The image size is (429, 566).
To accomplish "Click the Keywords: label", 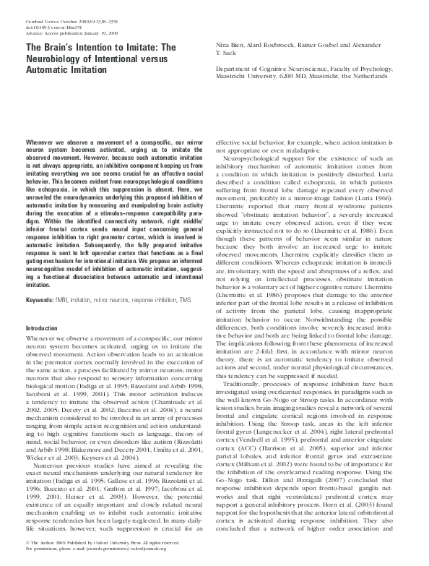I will tap(40, 299).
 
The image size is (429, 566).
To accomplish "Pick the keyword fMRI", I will tap(66, 299).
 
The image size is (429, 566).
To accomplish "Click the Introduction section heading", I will tap(42, 328).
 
